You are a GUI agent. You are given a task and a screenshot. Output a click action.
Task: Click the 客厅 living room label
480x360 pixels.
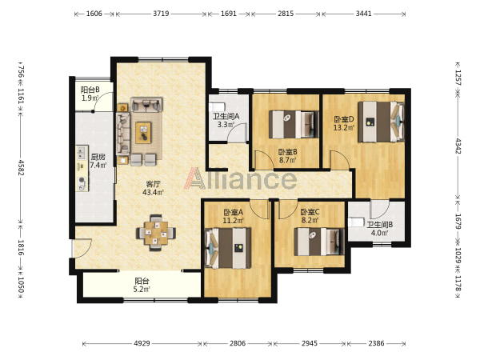tap(154, 184)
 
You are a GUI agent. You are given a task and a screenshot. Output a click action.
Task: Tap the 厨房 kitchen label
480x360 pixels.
tap(98, 157)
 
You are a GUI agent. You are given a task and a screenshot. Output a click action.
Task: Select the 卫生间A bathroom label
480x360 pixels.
tap(226, 116)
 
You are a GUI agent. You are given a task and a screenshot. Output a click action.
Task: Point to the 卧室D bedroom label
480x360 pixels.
tap(344, 119)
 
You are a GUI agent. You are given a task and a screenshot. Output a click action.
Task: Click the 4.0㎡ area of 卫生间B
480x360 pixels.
tap(379, 233)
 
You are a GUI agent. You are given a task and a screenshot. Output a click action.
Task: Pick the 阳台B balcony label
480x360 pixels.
tap(90, 90)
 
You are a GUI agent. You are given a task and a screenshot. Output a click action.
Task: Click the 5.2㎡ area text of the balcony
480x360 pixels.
tap(142, 289)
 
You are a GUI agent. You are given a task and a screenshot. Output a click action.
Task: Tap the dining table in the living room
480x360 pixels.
tap(156, 233)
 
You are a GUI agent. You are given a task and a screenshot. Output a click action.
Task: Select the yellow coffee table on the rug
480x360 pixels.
tap(143, 133)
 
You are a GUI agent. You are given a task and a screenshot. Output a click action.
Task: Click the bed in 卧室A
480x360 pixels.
tap(228, 248)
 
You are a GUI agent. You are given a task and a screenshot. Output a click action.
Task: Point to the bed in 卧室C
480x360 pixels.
tap(319, 242)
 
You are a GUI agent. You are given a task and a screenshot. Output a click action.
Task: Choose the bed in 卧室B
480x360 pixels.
tap(294, 124)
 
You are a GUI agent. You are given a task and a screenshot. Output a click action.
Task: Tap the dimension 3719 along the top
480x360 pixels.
tap(161, 14)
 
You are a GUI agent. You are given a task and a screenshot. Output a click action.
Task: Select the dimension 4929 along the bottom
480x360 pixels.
tap(142, 343)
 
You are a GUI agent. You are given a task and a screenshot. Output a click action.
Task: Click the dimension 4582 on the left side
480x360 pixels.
tap(21, 167)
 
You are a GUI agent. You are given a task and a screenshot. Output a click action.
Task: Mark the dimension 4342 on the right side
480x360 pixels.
tap(458, 146)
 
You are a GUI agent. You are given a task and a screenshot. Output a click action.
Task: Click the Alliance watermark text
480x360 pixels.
tap(240, 178)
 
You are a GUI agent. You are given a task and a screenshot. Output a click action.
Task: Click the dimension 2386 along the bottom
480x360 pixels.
tap(376, 343)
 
